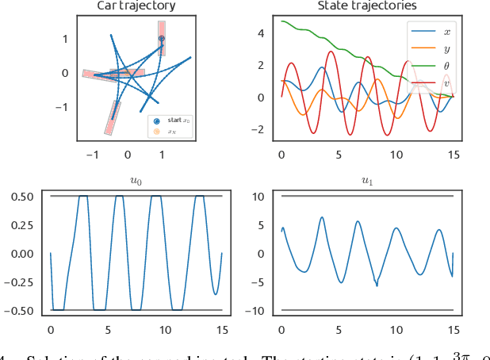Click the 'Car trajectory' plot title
tap(136, 6)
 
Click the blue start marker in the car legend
tap(156, 121)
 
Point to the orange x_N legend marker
tap(156, 131)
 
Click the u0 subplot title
tap(136, 181)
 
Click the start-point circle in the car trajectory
tap(162, 38)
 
